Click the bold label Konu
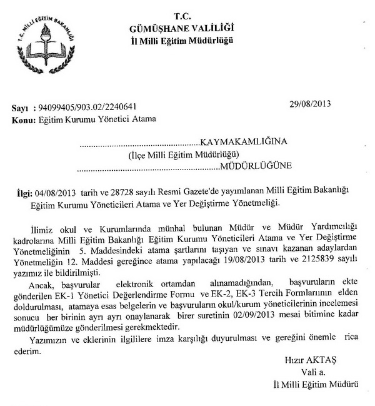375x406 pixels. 23,118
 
